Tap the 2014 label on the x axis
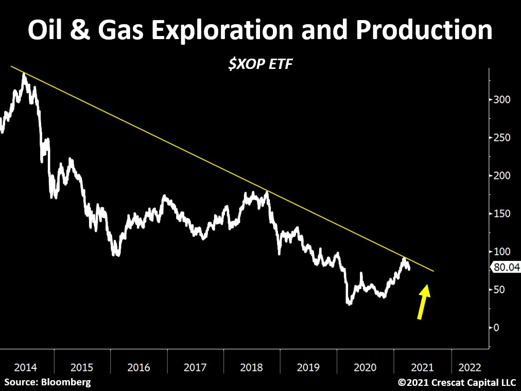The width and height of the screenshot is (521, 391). click(25, 367)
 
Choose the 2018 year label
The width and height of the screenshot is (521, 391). click(252, 367)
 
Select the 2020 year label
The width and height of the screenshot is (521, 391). click(365, 367)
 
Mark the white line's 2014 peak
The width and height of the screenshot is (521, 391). click(24, 75)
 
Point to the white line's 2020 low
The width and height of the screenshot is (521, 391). click(350, 304)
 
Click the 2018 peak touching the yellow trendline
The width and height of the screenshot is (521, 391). click(266, 192)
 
